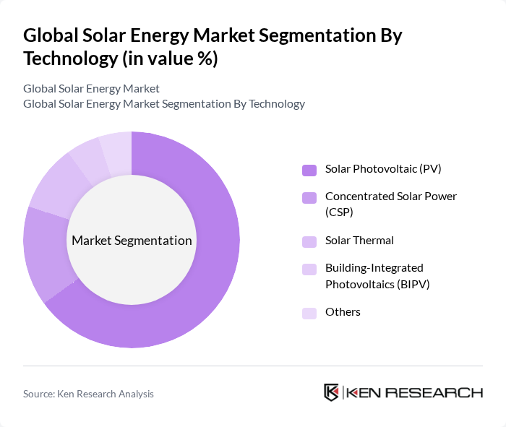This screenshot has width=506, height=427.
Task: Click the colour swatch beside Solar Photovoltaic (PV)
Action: point(309,170)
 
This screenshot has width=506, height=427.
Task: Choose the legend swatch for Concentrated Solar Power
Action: point(309,197)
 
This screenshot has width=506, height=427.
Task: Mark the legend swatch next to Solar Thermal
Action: point(309,241)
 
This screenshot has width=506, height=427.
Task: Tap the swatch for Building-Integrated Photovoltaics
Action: point(309,269)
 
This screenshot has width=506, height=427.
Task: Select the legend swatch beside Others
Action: point(309,313)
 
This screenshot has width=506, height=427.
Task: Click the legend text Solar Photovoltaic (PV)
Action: point(383,169)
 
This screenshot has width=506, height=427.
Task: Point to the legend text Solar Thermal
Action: point(359,241)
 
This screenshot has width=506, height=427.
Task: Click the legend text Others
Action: point(343,312)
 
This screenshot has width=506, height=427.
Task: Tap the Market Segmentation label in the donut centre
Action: point(132,241)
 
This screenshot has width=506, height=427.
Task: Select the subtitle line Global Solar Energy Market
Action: point(91,89)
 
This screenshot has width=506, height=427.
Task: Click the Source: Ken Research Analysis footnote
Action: point(88,394)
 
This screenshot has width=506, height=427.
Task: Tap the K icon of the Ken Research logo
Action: point(331,392)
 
